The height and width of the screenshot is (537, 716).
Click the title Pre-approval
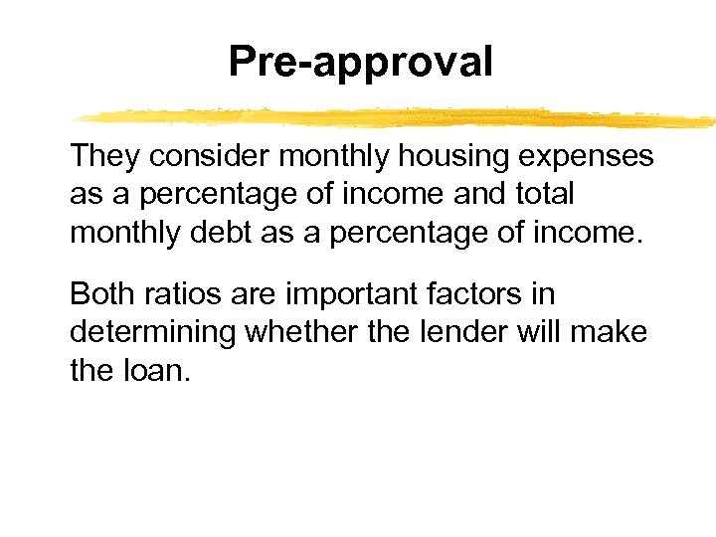click(x=360, y=62)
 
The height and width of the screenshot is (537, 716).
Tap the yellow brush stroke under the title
click(x=398, y=117)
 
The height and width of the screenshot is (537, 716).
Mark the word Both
click(x=102, y=294)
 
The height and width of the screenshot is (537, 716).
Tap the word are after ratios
click(x=248, y=295)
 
